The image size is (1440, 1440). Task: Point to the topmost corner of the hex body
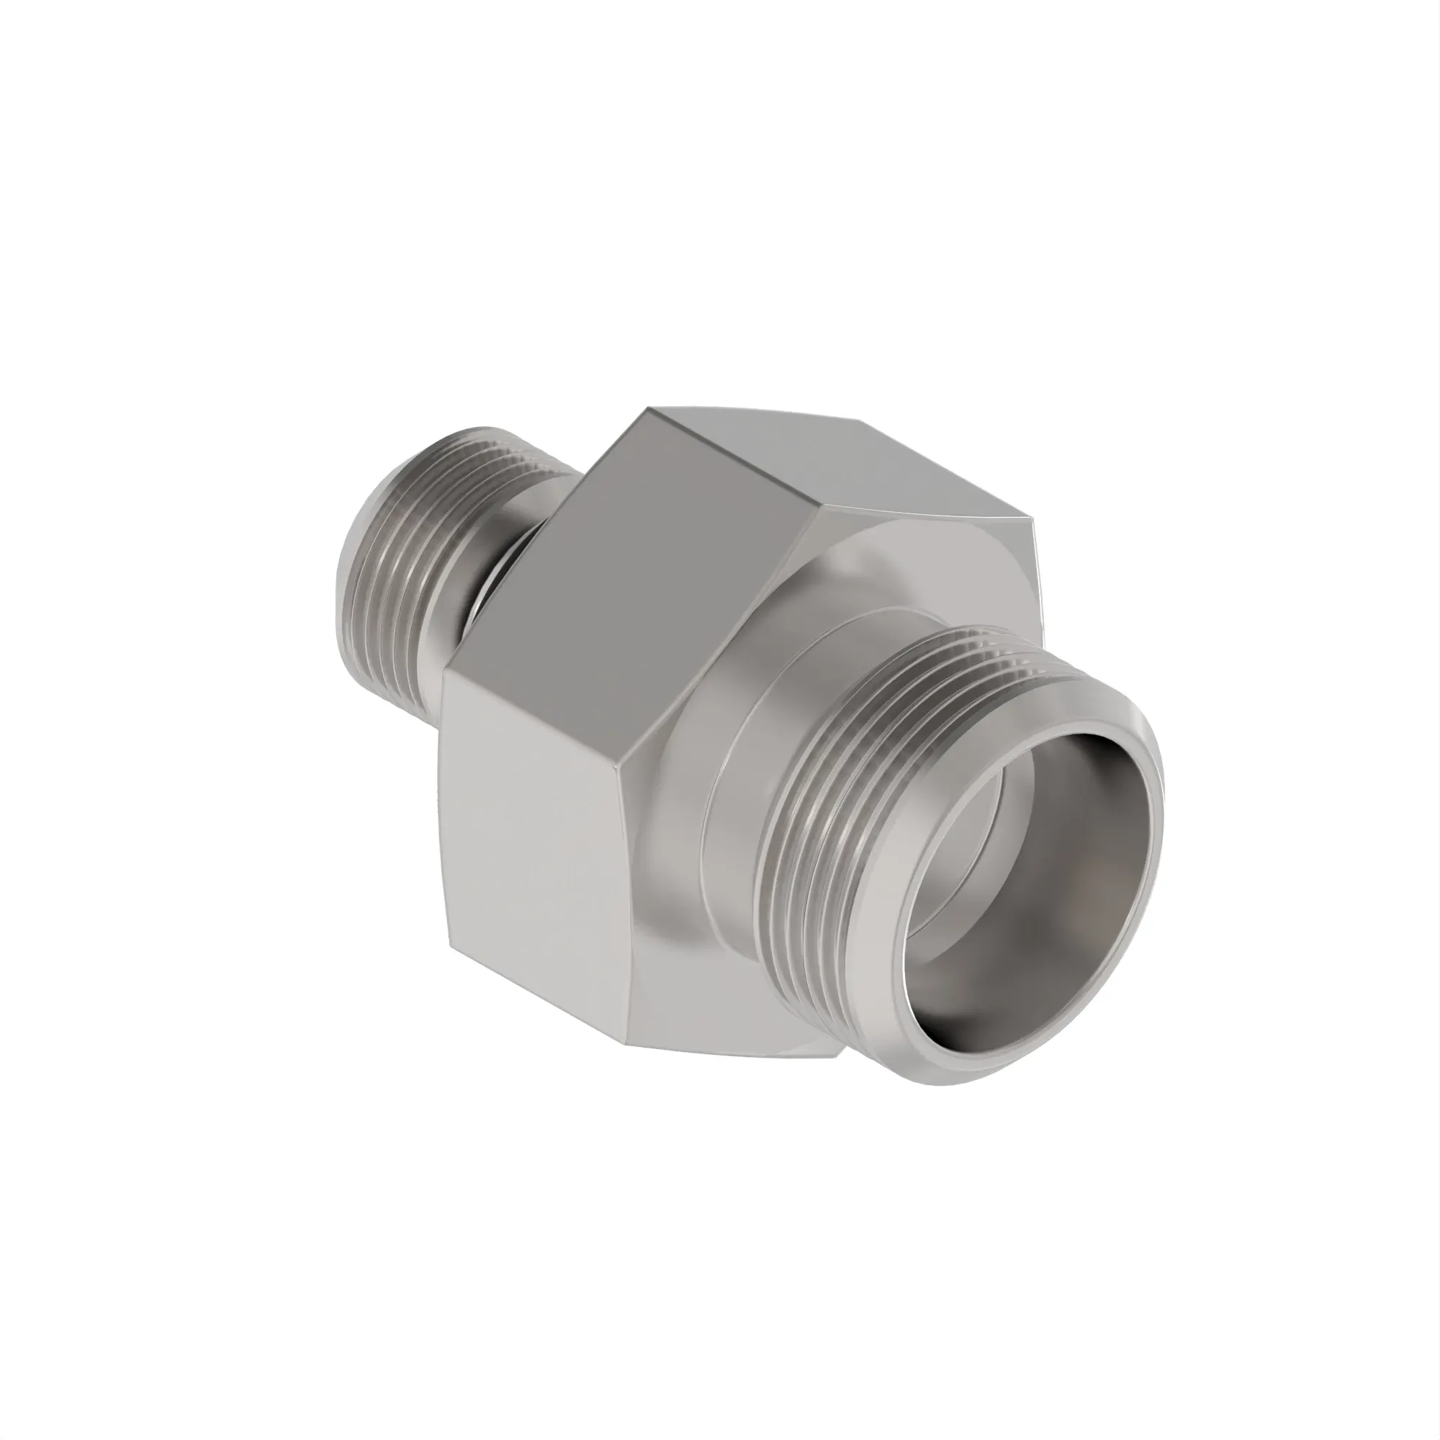point(649,408)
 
